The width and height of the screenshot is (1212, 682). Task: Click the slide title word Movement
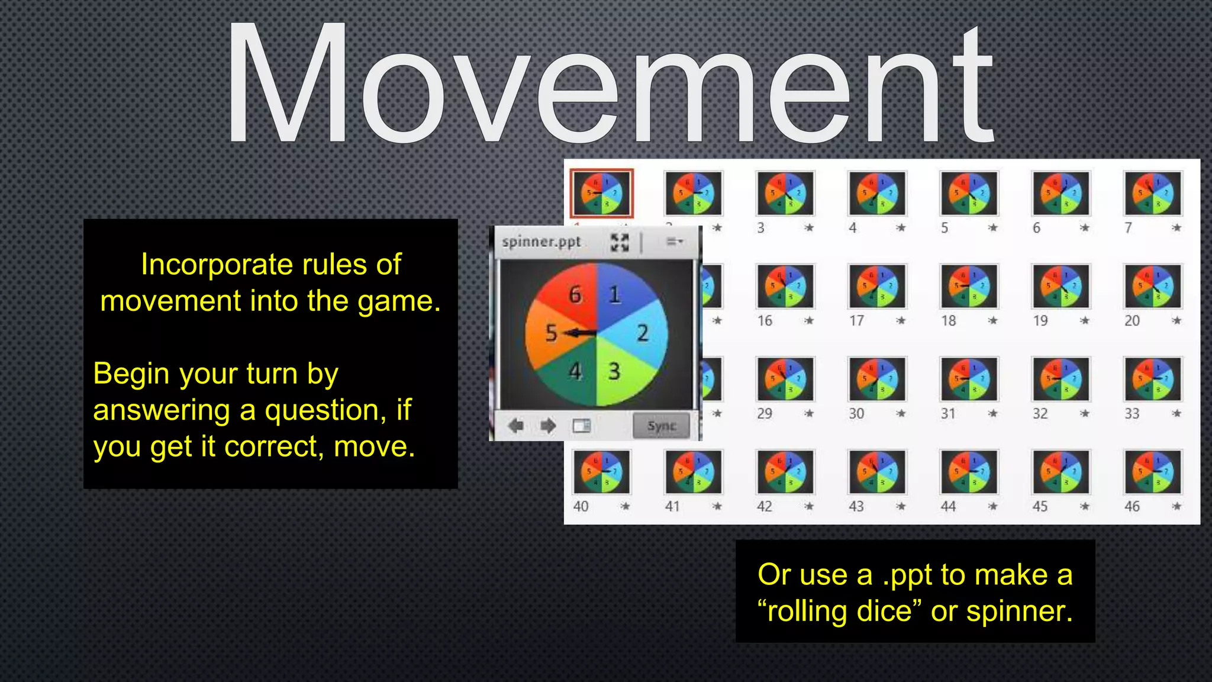[x=610, y=83]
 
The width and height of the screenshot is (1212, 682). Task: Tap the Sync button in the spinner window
[x=661, y=426]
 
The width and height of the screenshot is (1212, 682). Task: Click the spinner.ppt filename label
[x=541, y=242]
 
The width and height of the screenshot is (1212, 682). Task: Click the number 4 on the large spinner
[x=575, y=371]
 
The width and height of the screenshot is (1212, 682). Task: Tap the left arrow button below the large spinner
[x=515, y=426]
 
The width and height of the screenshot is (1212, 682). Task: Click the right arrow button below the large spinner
[x=548, y=426]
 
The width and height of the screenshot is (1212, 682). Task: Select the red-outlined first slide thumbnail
[x=601, y=194]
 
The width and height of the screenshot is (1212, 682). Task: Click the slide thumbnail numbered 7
[x=1152, y=194]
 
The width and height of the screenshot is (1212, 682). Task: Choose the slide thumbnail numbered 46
[x=1152, y=472]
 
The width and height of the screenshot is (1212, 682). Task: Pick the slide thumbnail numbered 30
[x=876, y=379]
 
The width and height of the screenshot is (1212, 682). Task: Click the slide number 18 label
[x=949, y=321]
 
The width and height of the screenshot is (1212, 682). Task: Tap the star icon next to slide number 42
[x=809, y=506]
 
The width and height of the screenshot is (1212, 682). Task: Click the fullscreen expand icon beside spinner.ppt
[x=620, y=242]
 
